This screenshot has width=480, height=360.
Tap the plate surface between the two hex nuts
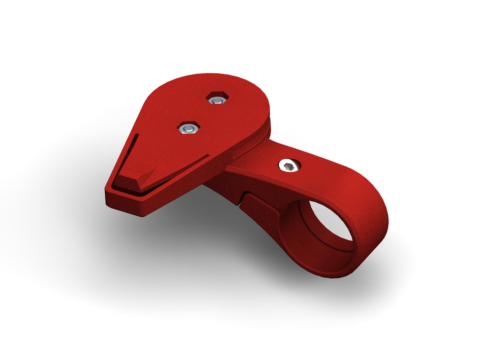coord(202,114)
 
